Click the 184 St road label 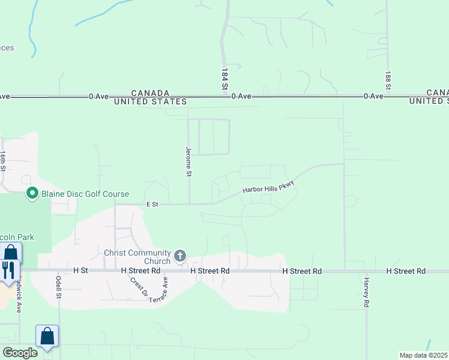[x=225, y=79]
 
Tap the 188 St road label [x=388, y=81]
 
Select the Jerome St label [x=188, y=161]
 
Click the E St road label [x=152, y=205]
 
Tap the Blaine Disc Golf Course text [x=85, y=194]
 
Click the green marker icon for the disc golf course [x=32, y=193]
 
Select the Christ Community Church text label [x=137, y=257]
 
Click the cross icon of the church [x=179, y=257]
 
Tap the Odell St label [x=59, y=286]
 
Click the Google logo [x=20, y=352]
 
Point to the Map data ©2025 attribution [x=423, y=355]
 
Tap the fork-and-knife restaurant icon [x=8, y=270]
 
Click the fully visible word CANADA [x=150, y=93]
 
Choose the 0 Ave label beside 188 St [x=373, y=96]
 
